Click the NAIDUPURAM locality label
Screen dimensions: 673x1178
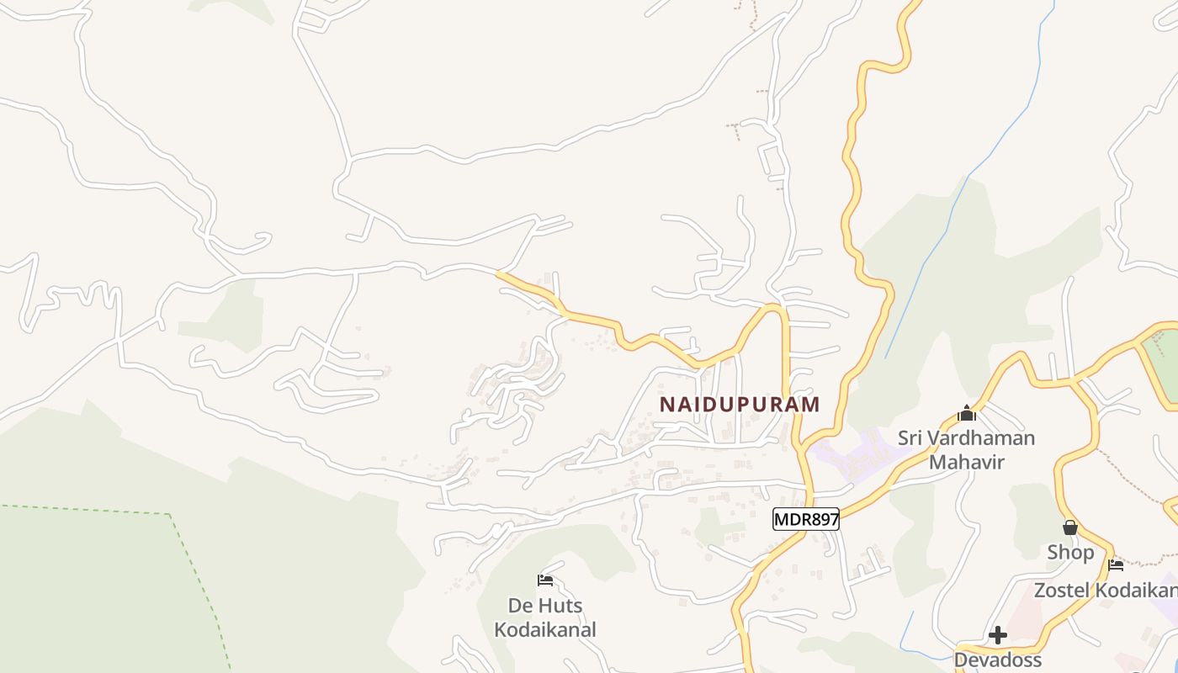click(739, 404)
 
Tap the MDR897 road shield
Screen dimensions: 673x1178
click(806, 519)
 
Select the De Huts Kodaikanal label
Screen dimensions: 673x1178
click(545, 617)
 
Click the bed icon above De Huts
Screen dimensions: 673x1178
click(545, 580)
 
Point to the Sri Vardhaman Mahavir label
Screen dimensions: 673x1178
click(966, 449)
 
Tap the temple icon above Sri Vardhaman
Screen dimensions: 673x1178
click(967, 413)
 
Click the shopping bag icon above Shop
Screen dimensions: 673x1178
click(1070, 527)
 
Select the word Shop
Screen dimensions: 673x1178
click(1070, 553)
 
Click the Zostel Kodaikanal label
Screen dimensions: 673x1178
click(1105, 590)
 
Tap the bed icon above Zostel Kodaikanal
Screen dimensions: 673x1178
click(1116, 564)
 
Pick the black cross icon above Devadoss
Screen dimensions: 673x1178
click(998, 634)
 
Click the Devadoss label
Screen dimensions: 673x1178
click(998, 660)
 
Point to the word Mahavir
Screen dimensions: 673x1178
click(966, 462)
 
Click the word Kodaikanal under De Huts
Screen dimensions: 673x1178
click(545, 629)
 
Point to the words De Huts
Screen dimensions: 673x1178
click(545, 605)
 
